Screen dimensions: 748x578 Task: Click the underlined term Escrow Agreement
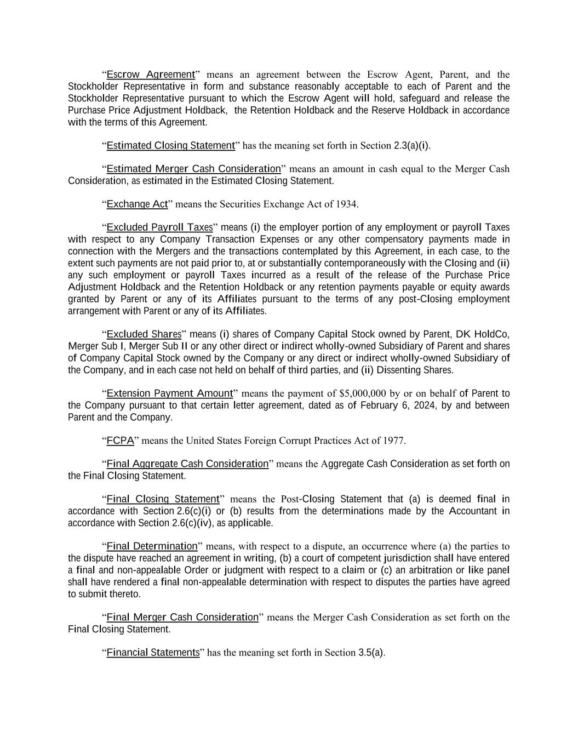coord(151,75)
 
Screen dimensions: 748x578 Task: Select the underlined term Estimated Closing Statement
coord(170,146)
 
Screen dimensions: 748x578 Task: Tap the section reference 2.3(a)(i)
coord(411,146)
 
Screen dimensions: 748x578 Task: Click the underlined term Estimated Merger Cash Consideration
coord(193,169)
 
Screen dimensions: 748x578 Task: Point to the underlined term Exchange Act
coord(137,204)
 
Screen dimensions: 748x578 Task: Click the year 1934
coord(347,204)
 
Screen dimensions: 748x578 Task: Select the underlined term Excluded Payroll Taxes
coord(159,227)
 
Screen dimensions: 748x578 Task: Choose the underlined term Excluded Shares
coord(144,334)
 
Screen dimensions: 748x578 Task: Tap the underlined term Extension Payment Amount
coord(170,393)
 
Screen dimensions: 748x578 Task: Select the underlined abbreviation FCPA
coord(120,441)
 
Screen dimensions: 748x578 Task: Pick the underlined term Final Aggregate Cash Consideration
coord(187,464)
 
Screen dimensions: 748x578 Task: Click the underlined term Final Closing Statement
coord(163,499)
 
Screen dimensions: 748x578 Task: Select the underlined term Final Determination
coord(152,546)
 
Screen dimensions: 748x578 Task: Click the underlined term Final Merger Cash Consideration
coord(182,618)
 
